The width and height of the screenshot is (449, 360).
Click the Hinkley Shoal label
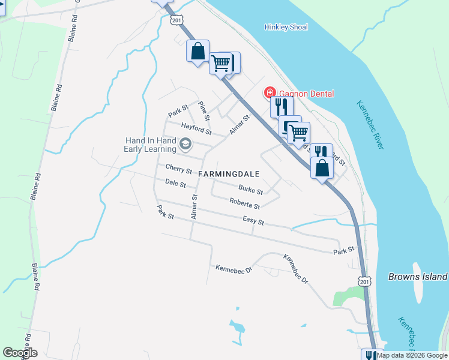click(x=286, y=27)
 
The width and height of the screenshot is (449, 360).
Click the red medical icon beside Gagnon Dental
click(x=270, y=92)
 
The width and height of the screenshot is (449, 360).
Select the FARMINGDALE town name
click(x=229, y=174)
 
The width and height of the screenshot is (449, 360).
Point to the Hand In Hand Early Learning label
click(x=150, y=145)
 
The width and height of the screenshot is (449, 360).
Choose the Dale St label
click(x=175, y=184)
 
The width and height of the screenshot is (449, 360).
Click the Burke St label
click(x=250, y=190)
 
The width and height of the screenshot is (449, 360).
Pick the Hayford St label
click(x=197, y=128)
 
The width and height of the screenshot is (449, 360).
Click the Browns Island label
click(x=418, y=277)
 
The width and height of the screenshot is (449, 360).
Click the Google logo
click(x=20, y=353)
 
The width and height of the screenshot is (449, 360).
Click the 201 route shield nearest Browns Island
click(x=364, y=281)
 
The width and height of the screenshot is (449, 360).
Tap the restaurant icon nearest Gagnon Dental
click(x=280, y=107)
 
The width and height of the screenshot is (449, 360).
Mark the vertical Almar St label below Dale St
click(x=194, y=206)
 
